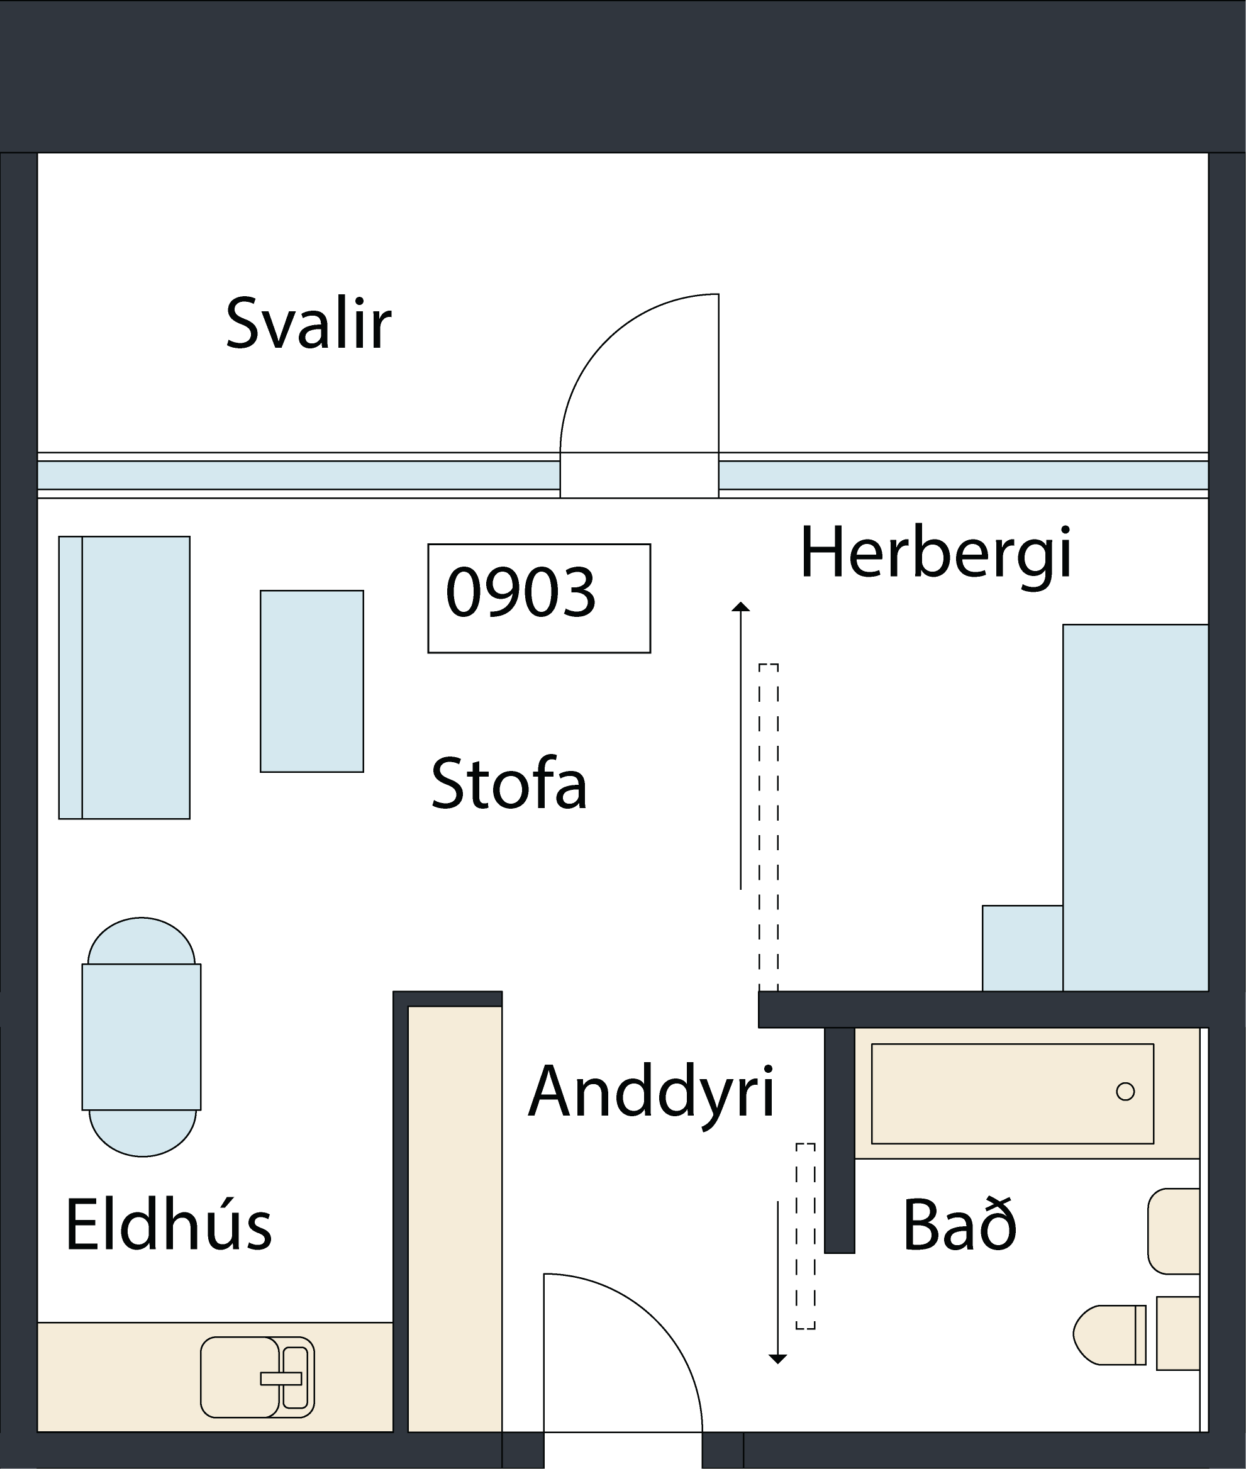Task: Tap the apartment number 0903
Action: pos(521,592)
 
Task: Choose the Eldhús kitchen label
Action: pos(168,1223)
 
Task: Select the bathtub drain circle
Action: pos(1125,1092)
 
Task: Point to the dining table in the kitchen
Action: pos(142,1037)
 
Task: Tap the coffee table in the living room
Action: pos(311,681)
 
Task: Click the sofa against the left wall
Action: pos(125,677)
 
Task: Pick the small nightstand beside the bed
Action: pos(1022,948)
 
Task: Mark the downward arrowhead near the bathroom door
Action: pos(777,1360)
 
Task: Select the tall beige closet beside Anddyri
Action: pos(455,1220)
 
